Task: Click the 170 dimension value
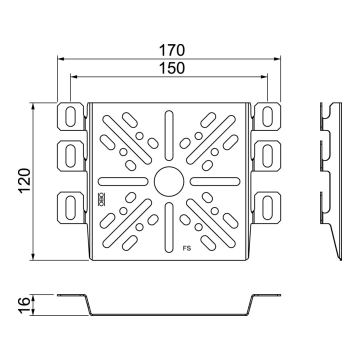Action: point(171,50)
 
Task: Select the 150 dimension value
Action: point(171,68)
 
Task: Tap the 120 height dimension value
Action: point(24,181)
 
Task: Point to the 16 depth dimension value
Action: point(24,305)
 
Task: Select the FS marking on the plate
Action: point(187,248)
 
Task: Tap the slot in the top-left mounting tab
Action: point(70,116)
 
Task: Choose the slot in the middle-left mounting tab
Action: point(70,156)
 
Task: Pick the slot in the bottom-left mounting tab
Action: point(70,208)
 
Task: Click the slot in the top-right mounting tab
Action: point(267,116)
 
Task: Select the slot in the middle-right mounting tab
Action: point(267,156)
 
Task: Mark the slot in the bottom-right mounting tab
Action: point(267,208)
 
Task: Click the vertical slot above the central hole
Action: point(169,135)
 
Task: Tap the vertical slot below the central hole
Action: point(169,227)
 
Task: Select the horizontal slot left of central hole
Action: point(123,181)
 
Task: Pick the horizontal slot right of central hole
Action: point(215,181)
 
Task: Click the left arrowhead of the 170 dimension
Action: point(60,59)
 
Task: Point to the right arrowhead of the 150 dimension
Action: point(264,76)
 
